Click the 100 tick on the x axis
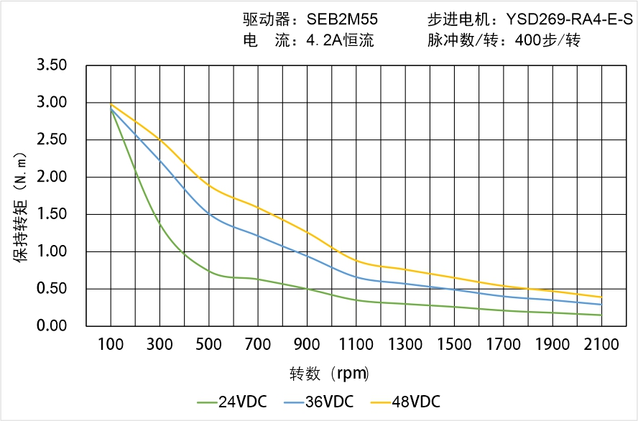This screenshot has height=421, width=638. point(111,345)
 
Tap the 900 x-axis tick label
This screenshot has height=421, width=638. point(307,345)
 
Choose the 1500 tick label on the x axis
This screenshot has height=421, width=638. point(454,345)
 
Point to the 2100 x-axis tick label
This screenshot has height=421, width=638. point(601,345)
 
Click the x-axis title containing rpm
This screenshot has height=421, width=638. point(329,374)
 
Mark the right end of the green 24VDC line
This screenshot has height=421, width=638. point(601,315)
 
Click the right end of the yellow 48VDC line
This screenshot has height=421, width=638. point(601,297)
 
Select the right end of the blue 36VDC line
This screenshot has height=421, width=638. point(601,305)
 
